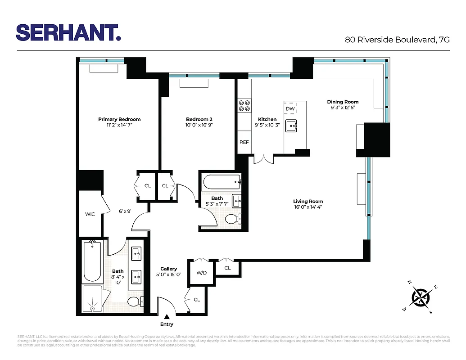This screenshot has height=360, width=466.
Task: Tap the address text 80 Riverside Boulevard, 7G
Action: pos(397,40)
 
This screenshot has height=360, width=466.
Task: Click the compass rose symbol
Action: pos(422,297)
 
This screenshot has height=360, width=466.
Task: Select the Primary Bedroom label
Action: pos(119,119)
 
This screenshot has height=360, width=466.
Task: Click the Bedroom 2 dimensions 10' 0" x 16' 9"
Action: pos(199,126)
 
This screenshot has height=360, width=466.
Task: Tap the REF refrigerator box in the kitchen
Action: pos(244,142)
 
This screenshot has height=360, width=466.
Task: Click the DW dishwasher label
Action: pos(290,109)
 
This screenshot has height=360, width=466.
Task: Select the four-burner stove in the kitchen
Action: pos(244,105)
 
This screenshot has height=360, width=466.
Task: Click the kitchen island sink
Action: pos(292,126)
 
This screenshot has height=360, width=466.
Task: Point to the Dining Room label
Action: pos(343,102)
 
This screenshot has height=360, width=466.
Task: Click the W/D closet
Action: pos(201,273)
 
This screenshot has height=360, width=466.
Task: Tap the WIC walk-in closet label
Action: pos(90,214)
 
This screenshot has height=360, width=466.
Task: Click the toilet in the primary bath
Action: pos(135,301)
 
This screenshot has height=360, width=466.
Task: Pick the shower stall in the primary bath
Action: pos(93,299)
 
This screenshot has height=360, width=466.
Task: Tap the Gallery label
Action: pos(168,269)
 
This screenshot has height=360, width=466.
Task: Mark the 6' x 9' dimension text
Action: pos(125,211)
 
